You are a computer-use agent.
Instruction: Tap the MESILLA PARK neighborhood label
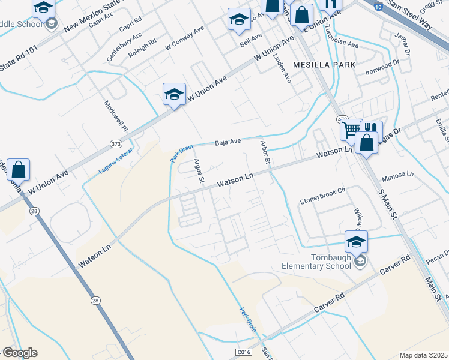[324, 64]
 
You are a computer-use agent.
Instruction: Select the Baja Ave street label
[228, 142]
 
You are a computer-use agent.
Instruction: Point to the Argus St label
[199, 170]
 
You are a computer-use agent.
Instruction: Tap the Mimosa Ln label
[398, 175]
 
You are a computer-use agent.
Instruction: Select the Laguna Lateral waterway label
[116, 161]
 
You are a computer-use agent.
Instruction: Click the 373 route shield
[116, 143]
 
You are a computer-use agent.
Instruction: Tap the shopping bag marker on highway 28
[19, 170]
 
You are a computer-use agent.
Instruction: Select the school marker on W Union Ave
[174, 94]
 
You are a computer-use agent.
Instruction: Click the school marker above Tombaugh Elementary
[356, 242]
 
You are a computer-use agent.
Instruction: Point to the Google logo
[20, 353]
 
